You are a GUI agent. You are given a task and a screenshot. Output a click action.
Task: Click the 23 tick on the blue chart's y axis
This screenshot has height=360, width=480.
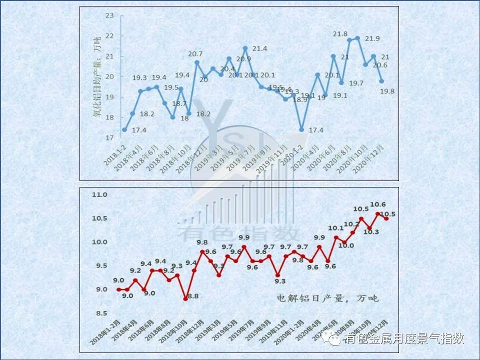click(x=110, y=15)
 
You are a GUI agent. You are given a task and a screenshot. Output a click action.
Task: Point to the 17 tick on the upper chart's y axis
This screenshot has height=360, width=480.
click(x=110, y=137)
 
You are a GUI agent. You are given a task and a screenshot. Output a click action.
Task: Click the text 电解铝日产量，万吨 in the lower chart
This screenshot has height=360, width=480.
click(x=328, y=298)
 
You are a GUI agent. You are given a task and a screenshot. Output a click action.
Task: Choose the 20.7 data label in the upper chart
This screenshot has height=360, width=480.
click(x=195, y=54)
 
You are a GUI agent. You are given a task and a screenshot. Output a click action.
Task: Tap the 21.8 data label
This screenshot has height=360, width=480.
click(x=340, y=34)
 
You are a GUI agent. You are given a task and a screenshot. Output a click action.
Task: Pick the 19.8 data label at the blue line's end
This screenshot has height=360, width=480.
click(x=387, y=91)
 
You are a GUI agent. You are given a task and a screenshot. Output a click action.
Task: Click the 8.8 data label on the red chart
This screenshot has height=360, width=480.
click(x=192, y=296)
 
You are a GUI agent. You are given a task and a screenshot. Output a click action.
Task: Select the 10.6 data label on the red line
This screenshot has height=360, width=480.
click(x=377, y=204)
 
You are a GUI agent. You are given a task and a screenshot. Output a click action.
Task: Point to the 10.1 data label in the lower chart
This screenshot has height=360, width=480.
click(x=336, y=228)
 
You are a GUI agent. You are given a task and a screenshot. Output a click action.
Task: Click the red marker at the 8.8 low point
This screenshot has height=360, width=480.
click(x=185, y=299)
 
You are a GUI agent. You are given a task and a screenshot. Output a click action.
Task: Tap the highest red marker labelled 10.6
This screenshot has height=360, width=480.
click(x=377, y=214)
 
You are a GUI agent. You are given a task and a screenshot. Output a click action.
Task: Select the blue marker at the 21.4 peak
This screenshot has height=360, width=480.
click(x=245, y=48)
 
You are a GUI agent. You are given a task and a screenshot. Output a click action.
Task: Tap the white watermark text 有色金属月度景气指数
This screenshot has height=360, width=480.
click(x=403, y=339)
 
